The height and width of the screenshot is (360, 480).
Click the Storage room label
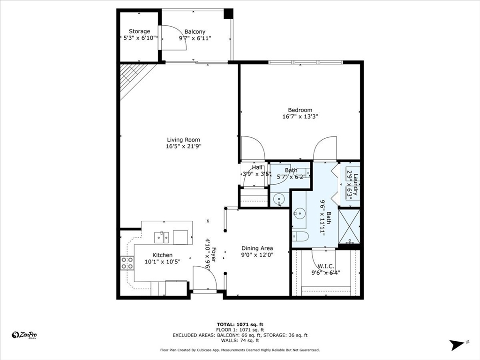[x=139, y=31]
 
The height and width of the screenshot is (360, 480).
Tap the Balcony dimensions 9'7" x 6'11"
[x=195, y=38]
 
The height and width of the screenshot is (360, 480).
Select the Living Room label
[x=183, y=140]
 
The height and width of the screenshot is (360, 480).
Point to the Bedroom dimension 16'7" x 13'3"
[x=300, y=117]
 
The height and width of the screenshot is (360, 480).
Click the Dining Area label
[x=257, y=248]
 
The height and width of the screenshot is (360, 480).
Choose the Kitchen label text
[x=162, y=255]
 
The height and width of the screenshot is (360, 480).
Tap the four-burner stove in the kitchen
[x=127, y=263]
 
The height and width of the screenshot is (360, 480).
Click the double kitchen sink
[x=161, y=237]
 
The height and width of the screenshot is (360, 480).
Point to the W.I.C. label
[x=326, y=266]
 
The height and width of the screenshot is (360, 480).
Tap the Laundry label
[x=356, y=184]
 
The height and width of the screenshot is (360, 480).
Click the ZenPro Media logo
[x=24, y=335]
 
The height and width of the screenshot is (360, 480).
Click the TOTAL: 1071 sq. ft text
[x=240, y=324]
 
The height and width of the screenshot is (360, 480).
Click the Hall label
[x=257, y=167]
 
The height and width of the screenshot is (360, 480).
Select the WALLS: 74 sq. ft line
[x=240, y=340]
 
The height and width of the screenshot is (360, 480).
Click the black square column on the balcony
[x=228, y=14]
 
